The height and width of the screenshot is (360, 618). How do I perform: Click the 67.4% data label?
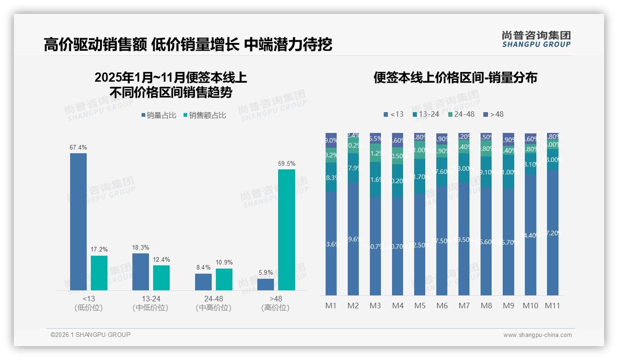click(x=78, y=147)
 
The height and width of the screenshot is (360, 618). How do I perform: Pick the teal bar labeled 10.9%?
click(x=224, y=279)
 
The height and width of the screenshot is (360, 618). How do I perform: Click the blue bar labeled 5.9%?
click(x=266, y=284)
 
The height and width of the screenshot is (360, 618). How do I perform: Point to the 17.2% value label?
click(x=99, y=250)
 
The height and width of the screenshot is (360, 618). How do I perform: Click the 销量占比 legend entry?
click(x=159, y=115)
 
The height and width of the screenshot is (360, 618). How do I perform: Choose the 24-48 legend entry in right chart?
click(x=461, y=114)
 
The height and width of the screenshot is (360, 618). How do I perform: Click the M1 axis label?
click(x=331, y=306)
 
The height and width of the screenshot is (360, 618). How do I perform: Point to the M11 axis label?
click(x=553, y=306)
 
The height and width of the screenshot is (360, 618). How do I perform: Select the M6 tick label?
click(x=442, y=306)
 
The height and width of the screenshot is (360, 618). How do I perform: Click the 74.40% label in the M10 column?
click(x=530, y=235)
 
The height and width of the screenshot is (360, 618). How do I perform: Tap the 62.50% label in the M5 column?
click(x=420, y=245)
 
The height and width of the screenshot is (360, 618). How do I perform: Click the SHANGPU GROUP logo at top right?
click(x=536, y=39)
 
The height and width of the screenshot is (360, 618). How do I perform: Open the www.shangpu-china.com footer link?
click(x=537, y=335)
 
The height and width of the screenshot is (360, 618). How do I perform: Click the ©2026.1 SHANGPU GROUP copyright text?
click(x=90, y=335)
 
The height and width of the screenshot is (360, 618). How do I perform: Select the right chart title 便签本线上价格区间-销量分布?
click(x=455, y=78)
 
